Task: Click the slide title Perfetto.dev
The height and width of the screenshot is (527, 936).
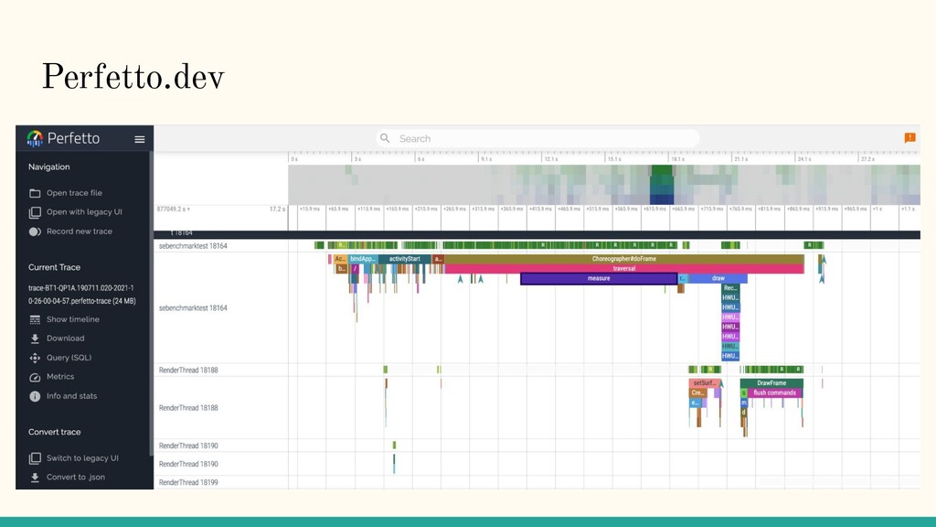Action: [x=133, y=79]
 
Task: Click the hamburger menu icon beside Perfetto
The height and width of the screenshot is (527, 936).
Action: [x=140, y=139]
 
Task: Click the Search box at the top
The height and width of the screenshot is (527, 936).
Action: [x=539, y=138]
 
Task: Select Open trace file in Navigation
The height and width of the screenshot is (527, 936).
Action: [x=74, y=193]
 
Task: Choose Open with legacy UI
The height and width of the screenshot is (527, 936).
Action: [x=84, y=212]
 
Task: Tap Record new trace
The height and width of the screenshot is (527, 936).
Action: [x=79, y=231]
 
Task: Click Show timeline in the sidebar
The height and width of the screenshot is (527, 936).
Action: [x=73, y=319]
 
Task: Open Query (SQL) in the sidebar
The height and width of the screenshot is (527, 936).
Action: [x=69, y=358]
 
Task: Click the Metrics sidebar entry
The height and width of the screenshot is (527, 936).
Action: [x=60, y=377]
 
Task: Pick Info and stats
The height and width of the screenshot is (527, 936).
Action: [x=71, y=396]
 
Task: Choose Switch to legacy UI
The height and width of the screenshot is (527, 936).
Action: [x=82, y=457]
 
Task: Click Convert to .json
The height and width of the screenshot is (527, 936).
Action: [x=75, y=477]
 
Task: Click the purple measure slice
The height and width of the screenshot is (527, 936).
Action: [x=599, y=278]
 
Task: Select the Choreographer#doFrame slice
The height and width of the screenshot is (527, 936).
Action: [x=623, y=259]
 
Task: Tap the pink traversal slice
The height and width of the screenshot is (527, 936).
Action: [x=623, y=269]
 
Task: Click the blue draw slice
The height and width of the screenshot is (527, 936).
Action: [x=718, y=278]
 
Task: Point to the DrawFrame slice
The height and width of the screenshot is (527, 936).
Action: [x=771, y=383]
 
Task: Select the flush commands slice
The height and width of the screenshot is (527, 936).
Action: [x=774, y=393]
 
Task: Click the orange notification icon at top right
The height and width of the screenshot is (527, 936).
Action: [x=909, y=138]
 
